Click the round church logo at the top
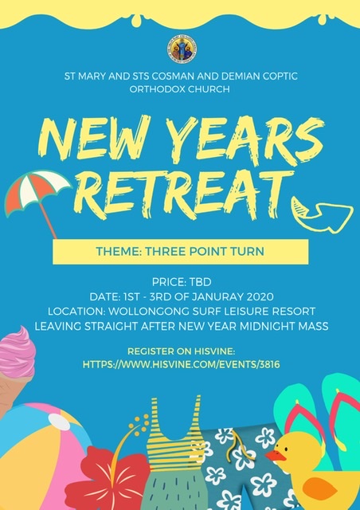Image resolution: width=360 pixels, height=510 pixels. point(182,49)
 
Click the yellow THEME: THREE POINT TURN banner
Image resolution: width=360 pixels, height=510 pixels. point(181,252)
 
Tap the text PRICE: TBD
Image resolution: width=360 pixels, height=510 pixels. point(182,281)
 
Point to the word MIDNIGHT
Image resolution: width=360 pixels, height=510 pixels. point(266,326)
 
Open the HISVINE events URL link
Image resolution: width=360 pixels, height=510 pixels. point(181,364)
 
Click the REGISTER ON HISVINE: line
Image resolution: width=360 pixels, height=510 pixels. point(181,351)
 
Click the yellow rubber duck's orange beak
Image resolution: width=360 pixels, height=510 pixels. point(275,456)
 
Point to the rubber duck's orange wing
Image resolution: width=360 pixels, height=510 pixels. point(319,488)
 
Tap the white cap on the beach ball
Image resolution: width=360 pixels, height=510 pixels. point(60,422)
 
